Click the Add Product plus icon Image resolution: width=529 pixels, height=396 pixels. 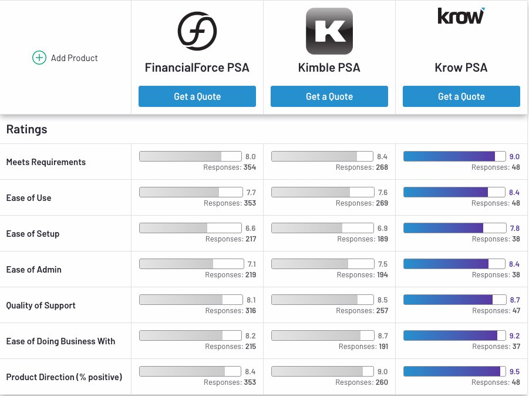coord(39,58)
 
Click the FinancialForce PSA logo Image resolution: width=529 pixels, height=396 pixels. coord(197,31)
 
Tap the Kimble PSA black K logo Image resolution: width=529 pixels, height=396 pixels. coord(329,31)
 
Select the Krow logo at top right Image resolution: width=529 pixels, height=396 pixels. coord(461,16)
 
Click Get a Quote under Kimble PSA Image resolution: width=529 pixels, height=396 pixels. coord(329,96)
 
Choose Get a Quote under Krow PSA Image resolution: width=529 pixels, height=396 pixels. coord(461,96)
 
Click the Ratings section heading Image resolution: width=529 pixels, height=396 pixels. coord(27,129)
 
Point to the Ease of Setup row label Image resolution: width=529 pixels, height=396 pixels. coord(33,234)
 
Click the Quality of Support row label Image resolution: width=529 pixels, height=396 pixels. coord(41,306)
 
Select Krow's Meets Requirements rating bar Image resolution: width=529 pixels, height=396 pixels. coord(454,156)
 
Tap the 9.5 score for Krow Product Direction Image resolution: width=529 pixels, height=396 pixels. coord(514,371)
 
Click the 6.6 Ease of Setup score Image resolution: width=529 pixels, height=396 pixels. coord(250,228)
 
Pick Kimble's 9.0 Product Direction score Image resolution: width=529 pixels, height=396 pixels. coord(382,371)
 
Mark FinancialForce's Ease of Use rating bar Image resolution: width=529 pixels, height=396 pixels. coord(190,192)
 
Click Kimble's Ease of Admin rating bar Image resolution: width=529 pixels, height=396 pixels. coord(322,264)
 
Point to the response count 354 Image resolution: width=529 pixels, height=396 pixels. coord(250,167)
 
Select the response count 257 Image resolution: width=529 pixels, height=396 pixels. coord(382,311)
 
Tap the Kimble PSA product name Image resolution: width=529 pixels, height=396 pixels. coord(329,68)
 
